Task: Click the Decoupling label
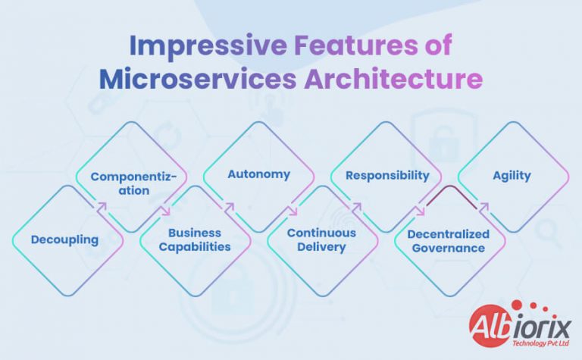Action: click(64, 240)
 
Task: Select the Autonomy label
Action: click(259, 174)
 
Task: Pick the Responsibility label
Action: click(387, 175)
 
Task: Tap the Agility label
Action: click(512, 175)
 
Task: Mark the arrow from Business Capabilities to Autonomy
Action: click(229, 205)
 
